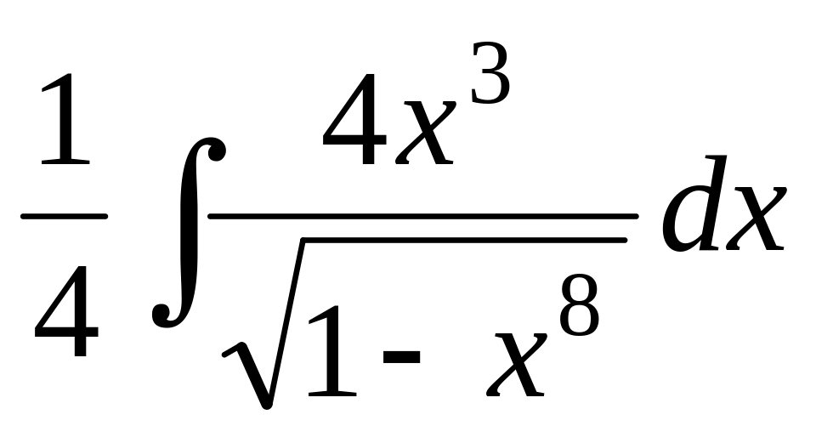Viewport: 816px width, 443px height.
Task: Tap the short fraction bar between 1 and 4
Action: (x=64, y=216)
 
